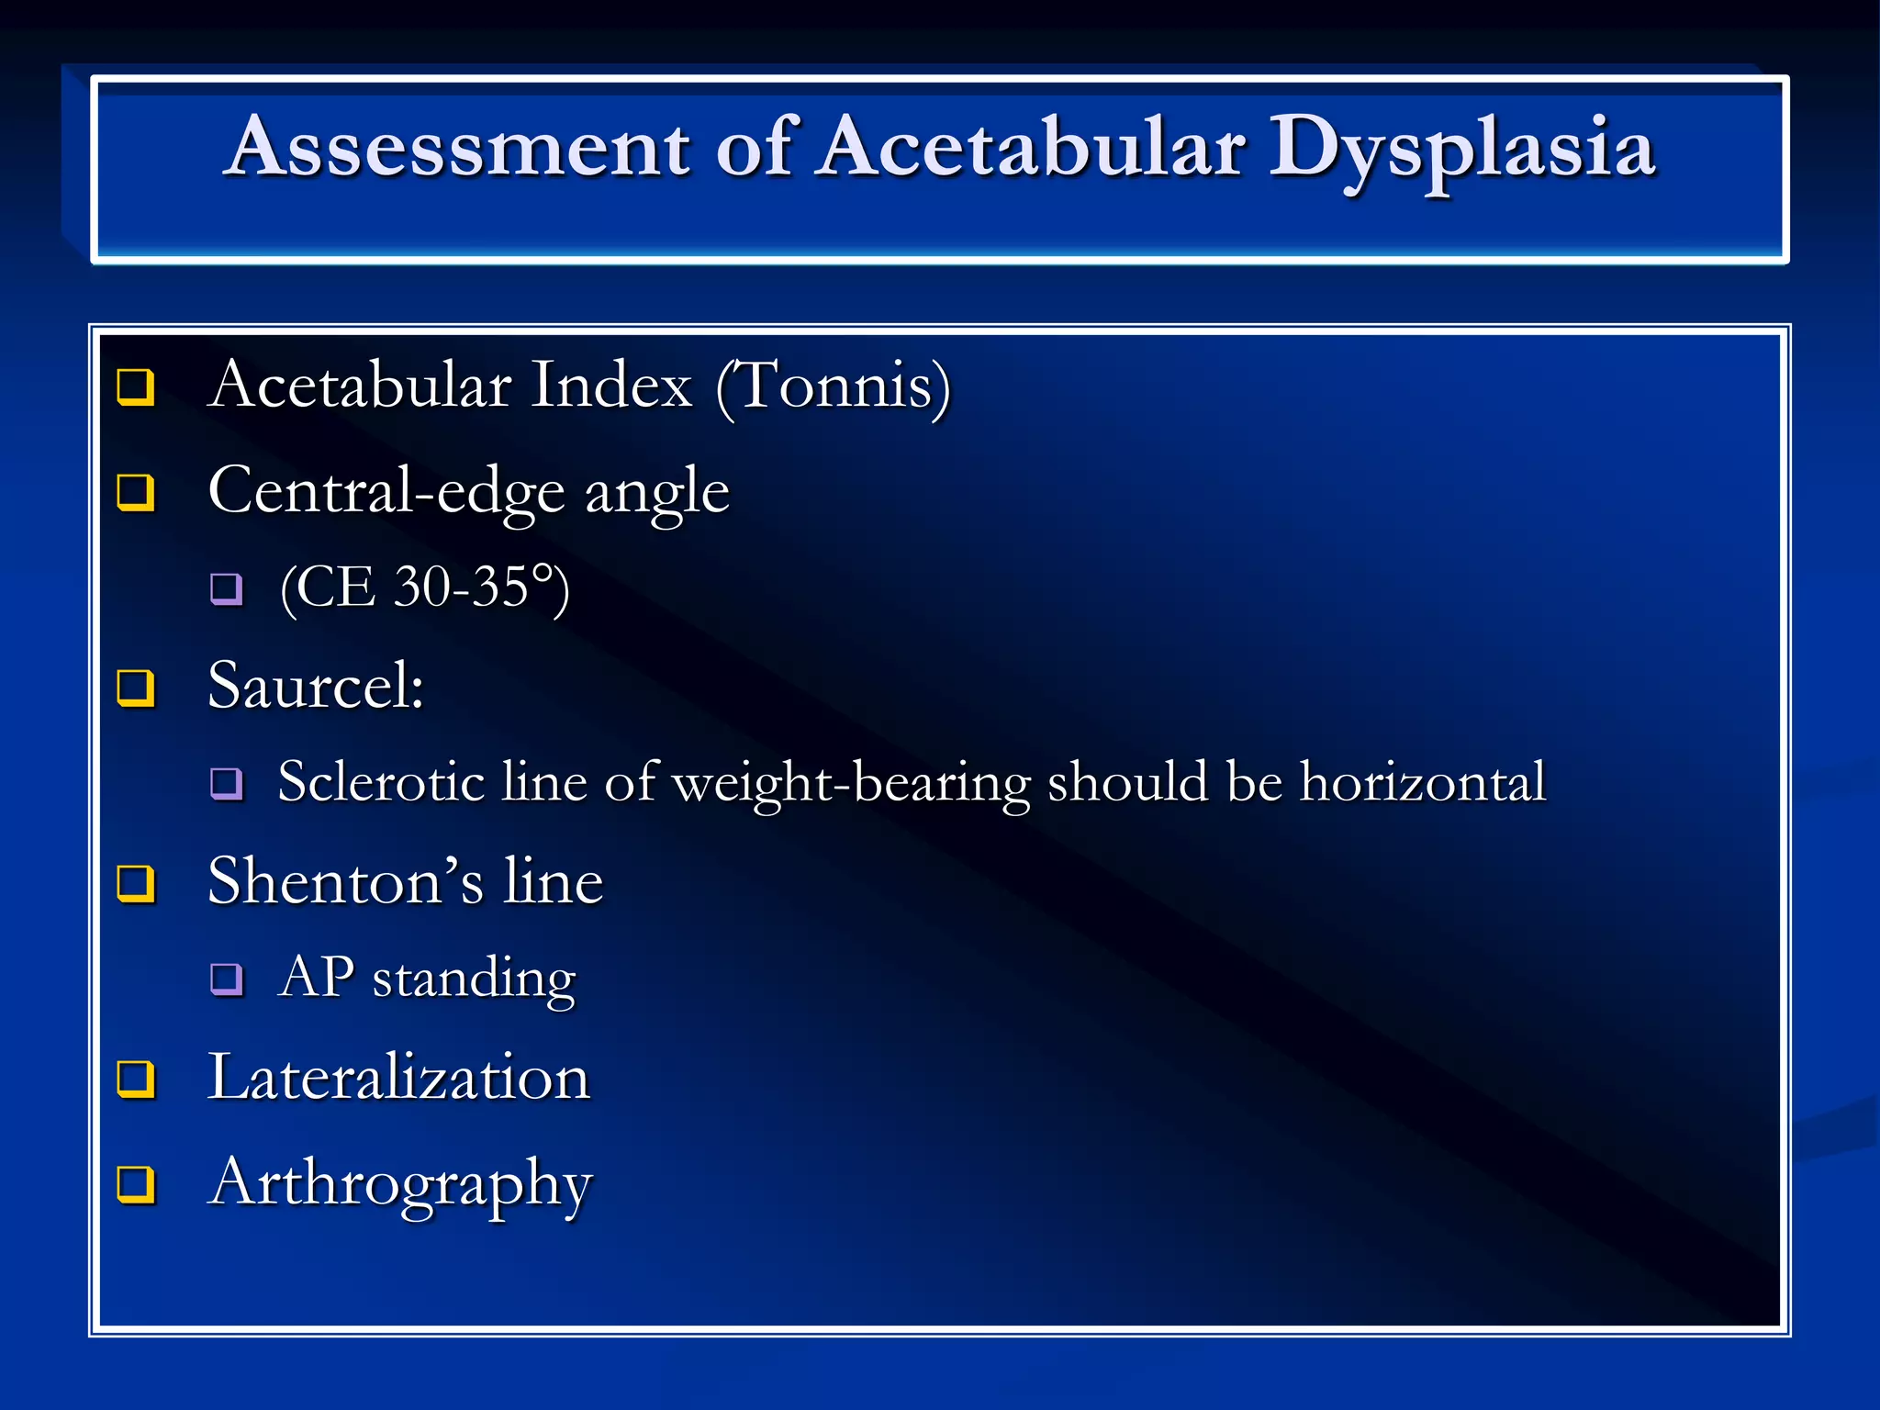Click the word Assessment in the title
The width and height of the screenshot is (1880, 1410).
pyautogui.click(x=459, y=147)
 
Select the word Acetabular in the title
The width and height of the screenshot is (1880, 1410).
pyautogui.click(x=1032, y=147)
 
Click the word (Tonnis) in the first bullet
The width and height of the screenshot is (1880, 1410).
pyautogui.click(x=833, y=386)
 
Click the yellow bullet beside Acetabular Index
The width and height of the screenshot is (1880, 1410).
pyautogui.click(x=136, y=386)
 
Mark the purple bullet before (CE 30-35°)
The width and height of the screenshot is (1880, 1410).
pyautogui.click(x=226, y=587)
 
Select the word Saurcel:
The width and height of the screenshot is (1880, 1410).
pyautogui.click(x=316, y=686)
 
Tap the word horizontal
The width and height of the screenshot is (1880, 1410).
pyautogui.click(x=1423, y=782)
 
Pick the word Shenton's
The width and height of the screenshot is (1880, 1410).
pyautogui.click(x=345, y=881)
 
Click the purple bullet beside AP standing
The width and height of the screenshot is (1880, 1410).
pyautogui.click(x=226, y=979)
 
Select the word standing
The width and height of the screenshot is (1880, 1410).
pyautogui.click(x=474, y=979)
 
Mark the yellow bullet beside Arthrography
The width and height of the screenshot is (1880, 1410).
pyautogui.click(x=136, y=1183)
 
